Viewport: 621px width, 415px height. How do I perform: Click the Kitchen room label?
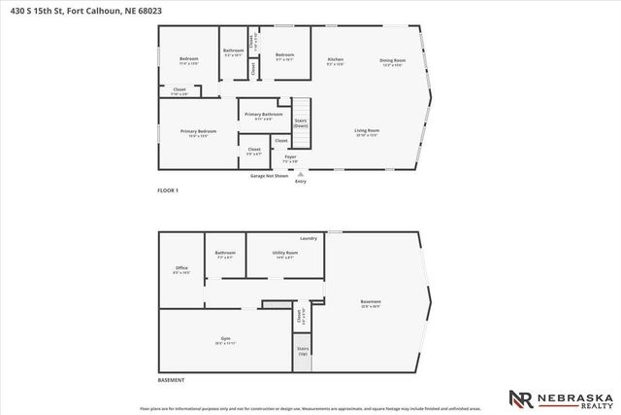pos(335,60)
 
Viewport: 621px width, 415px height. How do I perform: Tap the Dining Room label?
pos(392,60)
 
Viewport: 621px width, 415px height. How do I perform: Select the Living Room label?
pos(366,130)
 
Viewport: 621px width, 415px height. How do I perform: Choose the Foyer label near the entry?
pos(290,156)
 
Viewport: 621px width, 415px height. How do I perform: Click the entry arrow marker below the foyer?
pos(299,172)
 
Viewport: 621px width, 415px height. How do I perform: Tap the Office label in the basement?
pos(181,268)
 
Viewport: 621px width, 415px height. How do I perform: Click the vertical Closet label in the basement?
pos(300,317)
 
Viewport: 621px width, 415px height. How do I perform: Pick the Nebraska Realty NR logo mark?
pos(520,398)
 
